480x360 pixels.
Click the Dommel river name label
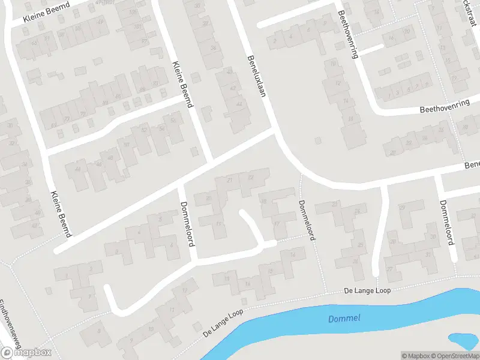pos(344,318)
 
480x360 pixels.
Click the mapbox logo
pos(26,353)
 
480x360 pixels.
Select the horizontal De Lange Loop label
pos(367,291)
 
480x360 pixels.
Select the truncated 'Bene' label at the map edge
pos(472,164)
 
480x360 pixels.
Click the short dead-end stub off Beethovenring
pos(372,48)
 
